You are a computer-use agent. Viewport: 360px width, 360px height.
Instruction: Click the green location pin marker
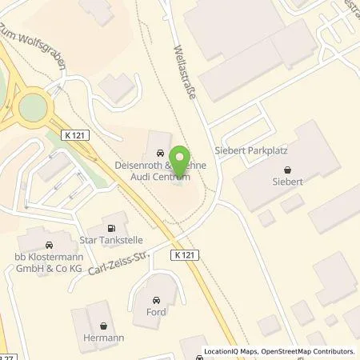tap(182, 158)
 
